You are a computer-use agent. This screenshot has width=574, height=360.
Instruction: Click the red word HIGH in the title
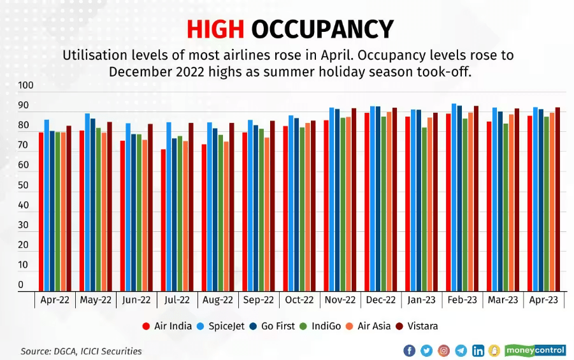pos(215,29)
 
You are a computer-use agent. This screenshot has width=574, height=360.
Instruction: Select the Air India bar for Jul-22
pos(164,220)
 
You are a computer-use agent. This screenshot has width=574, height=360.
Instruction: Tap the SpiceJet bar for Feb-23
pos(454,197)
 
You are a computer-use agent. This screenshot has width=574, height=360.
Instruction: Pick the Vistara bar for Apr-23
pos(557,199)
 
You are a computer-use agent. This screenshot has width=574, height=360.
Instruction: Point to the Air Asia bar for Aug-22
pos(226,216)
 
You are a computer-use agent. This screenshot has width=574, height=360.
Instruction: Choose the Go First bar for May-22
pos(93,205)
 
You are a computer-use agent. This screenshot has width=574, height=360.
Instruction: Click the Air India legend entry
pos(168,326)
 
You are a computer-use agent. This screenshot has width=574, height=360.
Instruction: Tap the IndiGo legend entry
pos(325,326)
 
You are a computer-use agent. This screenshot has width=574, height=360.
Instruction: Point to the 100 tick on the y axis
pos(26,85)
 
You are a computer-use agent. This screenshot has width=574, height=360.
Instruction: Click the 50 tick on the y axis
pos(24,185)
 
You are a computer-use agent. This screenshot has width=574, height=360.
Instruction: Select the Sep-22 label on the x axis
pos(259,299)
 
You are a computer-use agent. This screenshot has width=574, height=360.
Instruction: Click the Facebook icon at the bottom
pos(409,350)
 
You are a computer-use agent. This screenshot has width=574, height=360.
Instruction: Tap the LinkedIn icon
pos(478,350)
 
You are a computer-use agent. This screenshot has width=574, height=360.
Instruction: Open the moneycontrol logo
pos(535,350)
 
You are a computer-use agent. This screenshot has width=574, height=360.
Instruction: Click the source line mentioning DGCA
pos(81,351)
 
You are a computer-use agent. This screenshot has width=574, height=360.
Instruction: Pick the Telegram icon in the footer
pos(461,350)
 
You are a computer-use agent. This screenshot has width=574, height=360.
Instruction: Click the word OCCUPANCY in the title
pos(322,29)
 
